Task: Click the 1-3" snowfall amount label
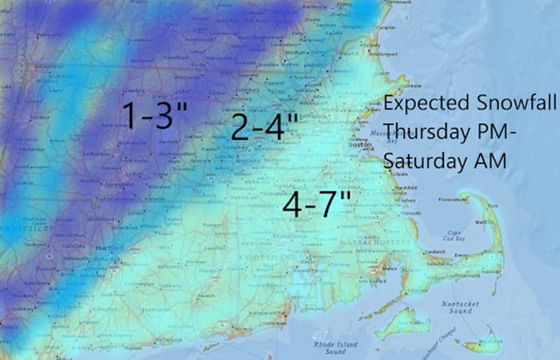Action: tap(154, 117)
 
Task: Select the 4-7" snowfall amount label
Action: tap(318, 205)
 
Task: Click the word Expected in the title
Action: tap(421, 104)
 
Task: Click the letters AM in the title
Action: tap(490, 159)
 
